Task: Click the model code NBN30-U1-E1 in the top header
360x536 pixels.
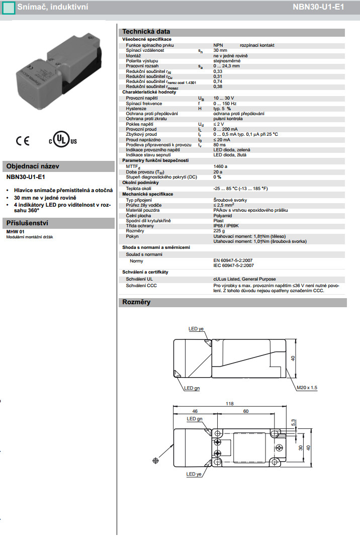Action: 324,7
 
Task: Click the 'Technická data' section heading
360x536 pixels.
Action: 146,32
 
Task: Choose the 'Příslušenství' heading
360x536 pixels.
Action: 27,223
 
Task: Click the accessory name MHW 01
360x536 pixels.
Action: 14,231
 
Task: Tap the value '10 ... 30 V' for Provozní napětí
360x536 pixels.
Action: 224,98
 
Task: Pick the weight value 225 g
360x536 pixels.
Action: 219,231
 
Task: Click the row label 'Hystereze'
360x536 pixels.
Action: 137,109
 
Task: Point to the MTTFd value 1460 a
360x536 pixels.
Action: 220,166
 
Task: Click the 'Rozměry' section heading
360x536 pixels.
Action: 137,302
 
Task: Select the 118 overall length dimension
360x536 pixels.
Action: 230,403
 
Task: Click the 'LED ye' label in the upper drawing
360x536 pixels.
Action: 196,329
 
